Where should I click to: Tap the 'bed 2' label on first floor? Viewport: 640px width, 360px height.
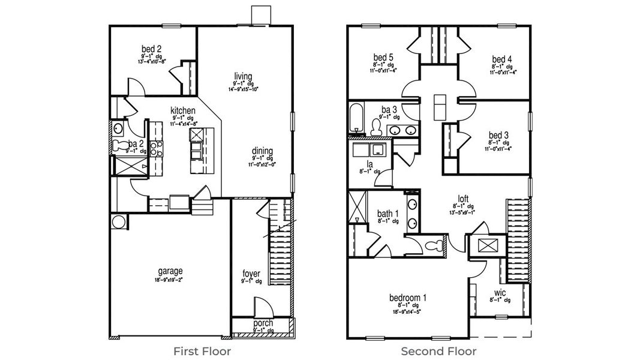click(151, 49)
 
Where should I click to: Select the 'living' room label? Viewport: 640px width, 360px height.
click(243, 76)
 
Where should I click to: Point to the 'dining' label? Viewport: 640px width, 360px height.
click(263, 151)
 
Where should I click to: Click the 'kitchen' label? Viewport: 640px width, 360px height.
click(183, 110)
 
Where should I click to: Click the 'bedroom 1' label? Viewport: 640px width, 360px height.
click(408, 297)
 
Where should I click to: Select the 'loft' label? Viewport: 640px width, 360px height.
click(462, 199)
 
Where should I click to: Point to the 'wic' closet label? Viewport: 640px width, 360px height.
click(500, 293)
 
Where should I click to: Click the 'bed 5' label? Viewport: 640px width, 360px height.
click(383, 58)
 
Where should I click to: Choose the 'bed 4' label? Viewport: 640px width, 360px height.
click(501, 59)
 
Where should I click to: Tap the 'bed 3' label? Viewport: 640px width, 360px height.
click(498, 135)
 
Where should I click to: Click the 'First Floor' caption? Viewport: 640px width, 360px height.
click(202, 351)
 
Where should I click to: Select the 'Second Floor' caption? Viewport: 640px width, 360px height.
click(438, 351)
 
